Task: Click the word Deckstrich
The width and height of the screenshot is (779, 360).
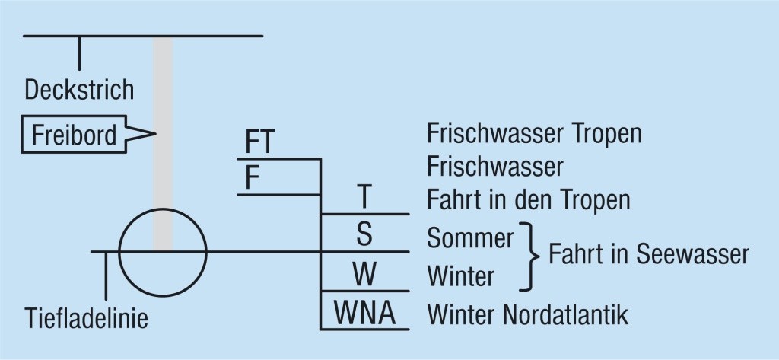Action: (79, 90)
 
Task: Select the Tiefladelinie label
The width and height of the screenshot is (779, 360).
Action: (85, 317)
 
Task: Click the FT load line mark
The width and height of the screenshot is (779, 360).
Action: (260, 143)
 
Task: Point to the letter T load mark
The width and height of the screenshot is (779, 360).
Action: (364, 198)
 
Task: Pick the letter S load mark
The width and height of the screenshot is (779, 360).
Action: (364, 235)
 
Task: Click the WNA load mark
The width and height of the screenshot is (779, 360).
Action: (364, 313)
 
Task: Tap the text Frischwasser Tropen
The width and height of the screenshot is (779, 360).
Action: (535, 134)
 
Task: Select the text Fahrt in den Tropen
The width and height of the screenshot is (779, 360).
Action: (529, 200)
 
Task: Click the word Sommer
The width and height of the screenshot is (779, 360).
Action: (471, 237)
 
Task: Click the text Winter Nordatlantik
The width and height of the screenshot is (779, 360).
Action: (528, 313)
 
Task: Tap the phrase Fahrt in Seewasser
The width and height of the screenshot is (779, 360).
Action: (649, 255)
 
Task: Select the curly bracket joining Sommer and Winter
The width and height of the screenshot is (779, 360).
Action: (527, 255)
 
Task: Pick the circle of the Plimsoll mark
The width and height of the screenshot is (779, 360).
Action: (164, 251)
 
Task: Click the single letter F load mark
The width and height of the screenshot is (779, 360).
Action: (252, 178)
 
